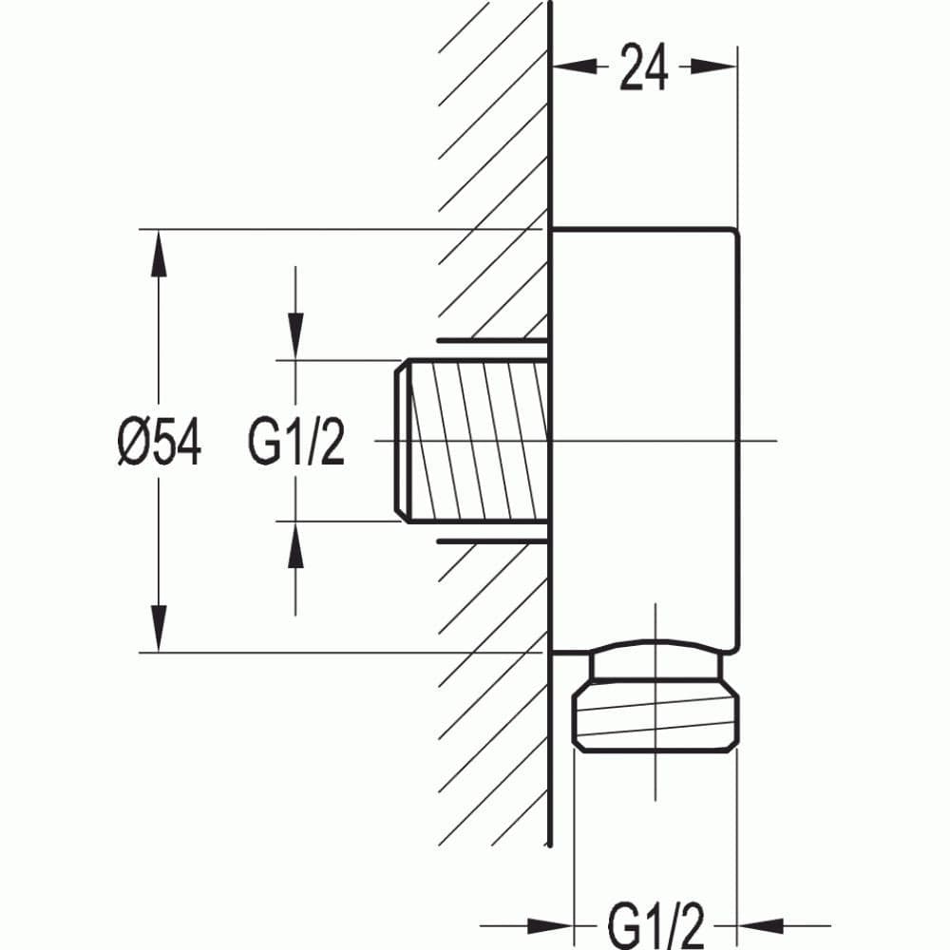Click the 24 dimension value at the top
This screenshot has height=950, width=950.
tap(644, 68)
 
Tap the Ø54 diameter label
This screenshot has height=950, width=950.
tap(160, 443)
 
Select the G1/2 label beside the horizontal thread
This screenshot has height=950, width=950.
tap(296, 443)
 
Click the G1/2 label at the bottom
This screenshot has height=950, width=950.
tap(655, 923)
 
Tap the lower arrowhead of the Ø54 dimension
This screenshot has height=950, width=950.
tap(159, 628)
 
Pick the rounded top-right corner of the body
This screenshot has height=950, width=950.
tap(733, 233)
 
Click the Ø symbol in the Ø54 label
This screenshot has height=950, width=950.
tap(133, 443)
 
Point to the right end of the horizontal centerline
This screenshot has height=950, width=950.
tap(774, 441)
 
